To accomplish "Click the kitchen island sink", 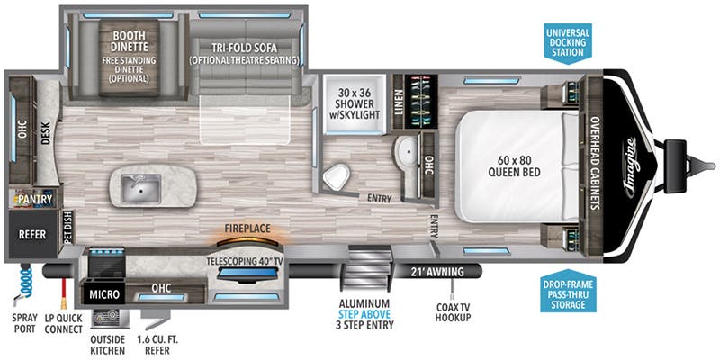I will pos(141,188).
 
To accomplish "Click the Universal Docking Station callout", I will pos(567,41).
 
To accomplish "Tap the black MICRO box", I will pos(103,293).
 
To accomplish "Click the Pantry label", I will pos(33,200).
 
